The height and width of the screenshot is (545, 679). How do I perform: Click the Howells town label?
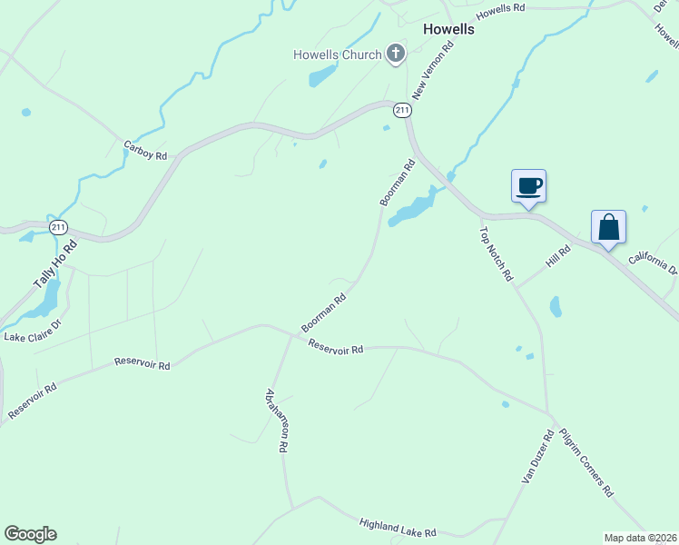448,29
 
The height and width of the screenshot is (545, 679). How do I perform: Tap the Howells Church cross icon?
395,54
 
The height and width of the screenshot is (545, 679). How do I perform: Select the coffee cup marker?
528,187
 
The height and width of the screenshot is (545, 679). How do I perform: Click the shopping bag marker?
608,227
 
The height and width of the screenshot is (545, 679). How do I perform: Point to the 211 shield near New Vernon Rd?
403,110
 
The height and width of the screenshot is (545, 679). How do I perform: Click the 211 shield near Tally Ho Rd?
59,226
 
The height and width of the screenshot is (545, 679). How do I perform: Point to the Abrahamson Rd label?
277,421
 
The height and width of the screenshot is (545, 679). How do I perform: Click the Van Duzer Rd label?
536,457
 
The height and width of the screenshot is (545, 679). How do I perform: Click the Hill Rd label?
557,256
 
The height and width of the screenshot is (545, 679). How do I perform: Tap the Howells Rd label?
500,9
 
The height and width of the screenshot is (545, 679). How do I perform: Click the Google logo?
30,534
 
